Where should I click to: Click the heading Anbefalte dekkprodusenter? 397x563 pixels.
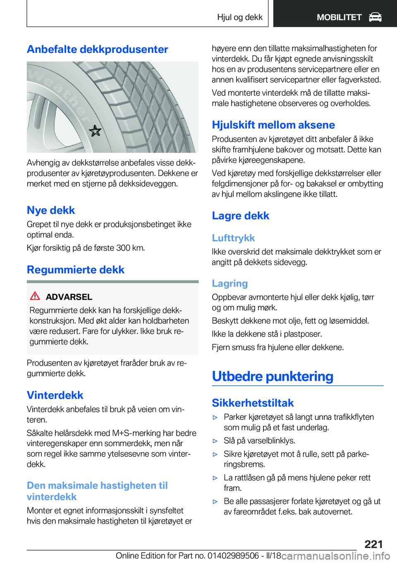pyautogui.click(x=97, y=50)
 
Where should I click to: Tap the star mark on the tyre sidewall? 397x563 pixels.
pyautogui.click(x=95, y=131)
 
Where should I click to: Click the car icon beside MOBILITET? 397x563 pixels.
pyautogui.click(x=375, y=17)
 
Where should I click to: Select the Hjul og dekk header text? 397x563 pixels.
pyautogui.click(x=239, y=17)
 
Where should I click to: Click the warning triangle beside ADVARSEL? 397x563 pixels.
pyautogui.click(x=35, y=296)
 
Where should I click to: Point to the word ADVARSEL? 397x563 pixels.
pyautogui.click(x=69, y=297)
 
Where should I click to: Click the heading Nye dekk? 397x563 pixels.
pyautogui.click(x=51, y=210)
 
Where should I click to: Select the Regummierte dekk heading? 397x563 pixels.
pyautogui.click(x=76, y=270)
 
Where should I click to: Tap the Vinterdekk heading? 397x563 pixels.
pyautogui.click(x=55, y=395)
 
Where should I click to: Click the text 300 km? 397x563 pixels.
pyautogui.click(x=130, y=248)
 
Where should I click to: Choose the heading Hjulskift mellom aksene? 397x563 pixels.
pyautogui.click(x=273, y=125)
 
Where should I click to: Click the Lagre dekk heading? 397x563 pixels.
pyautogui.click(x=240, y=216)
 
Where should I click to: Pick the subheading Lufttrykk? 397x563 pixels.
pyautogui.click(x=233, y=238)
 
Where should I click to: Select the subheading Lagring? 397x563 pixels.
pyautogui.click(x=230, y=284)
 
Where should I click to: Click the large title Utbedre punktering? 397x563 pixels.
pyautogui.click(x=273, y=376)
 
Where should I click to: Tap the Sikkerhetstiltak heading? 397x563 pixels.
pyautogui.click(x=253, y=403)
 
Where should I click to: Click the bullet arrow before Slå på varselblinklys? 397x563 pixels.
pyautogui.click(x=215, y=441)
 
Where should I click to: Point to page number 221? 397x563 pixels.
pyautogui.click(x=373, y=544)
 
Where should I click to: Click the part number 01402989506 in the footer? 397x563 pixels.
pyautogui.click(x=233, y=556)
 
